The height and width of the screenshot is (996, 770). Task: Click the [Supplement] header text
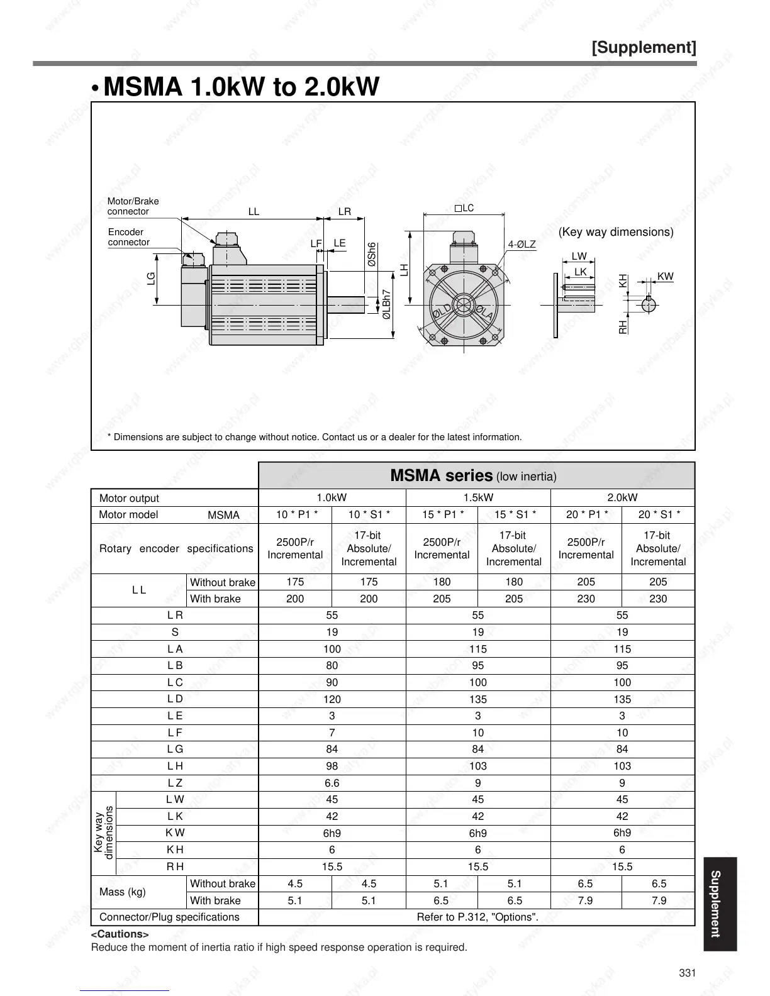(644, 48)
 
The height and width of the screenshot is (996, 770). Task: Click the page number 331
(687, 973)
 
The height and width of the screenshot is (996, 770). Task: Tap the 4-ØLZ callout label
(522, 244)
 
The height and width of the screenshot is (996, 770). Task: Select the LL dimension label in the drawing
(253, 212)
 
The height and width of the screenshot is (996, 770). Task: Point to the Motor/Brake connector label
(133, 206)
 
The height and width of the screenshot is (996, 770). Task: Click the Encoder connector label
(128, 237)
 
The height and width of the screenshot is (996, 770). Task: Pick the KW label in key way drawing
(664, 277)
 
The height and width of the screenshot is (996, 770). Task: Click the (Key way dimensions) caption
(615, 232)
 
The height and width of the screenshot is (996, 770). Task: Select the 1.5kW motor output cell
(477, 497)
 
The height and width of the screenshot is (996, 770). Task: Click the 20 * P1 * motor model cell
(586, 514)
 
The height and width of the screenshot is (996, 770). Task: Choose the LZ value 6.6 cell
(332, 783)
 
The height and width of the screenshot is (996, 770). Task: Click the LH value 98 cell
(332, 766)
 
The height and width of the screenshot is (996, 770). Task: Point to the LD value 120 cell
(332, 699)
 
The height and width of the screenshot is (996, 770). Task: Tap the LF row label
(174, 733)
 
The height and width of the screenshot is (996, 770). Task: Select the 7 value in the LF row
(332, 733)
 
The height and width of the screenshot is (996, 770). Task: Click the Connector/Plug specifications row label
(169, 917)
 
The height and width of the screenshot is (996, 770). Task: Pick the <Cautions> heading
(120, 934)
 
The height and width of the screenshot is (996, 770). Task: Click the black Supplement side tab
(716, 904)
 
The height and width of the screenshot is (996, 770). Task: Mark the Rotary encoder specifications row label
(176, 548)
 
